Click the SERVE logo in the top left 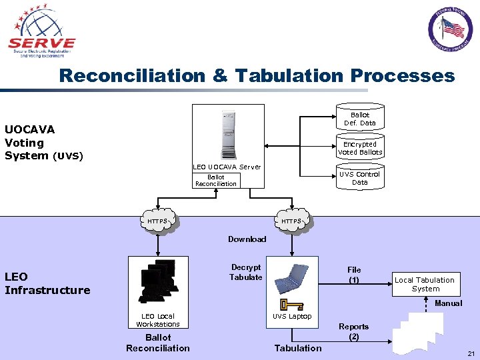(x=41, y=31)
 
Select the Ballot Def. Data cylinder (x=359, y=119)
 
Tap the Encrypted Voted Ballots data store (x=359, y=148)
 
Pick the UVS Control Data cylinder (x=359, y=178)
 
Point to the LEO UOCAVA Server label (x=227, y=167)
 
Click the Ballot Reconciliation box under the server (x=215, y=180)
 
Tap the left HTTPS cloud (x=158, y=221)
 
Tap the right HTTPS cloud (x=291, y=221)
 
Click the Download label (x=247, y=239)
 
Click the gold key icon (x=291, y=305)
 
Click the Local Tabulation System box (x=425, y=284)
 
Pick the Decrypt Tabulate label (x=246, y=272)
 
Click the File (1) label (x=354, y=275)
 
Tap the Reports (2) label (x=353, y=331)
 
